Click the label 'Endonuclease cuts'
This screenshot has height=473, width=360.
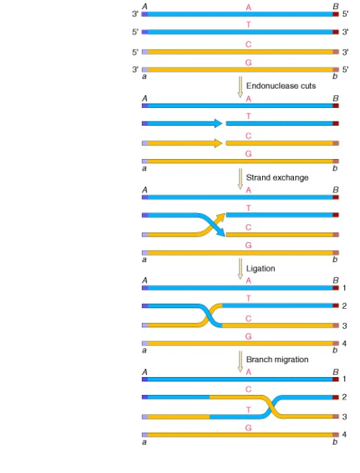tap(281, 86)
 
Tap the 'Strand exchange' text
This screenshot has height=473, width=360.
tap(277, 178)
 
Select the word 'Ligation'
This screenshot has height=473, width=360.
tap(261, 268)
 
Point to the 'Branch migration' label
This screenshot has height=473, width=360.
tap(277, 359)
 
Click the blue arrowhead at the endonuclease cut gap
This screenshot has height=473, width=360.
tap(219, 124)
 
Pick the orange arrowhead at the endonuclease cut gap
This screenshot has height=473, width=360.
tap(219, 143)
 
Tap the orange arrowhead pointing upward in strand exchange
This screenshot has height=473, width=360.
tap(221, 217)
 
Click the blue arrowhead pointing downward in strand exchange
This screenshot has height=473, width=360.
tap(221, 232)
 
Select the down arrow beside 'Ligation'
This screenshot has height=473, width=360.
tap(240, 268)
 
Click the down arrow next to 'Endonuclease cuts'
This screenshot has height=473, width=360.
tap(240, 87)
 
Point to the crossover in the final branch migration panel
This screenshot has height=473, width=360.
tap(273, 407)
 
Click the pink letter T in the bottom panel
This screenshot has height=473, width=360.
tap(249, 410)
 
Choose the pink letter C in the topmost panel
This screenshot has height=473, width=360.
tap(249, 45)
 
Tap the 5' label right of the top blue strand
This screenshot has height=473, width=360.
tap(345, 14)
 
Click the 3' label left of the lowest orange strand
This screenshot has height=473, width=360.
tap(135, 70)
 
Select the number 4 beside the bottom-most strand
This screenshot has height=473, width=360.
tap(344, 435)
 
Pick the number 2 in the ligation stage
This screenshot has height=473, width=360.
tap(344, 306)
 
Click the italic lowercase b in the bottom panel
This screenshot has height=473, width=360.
tap(334, 442)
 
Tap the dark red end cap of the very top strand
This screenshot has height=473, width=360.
tap(336, 14)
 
